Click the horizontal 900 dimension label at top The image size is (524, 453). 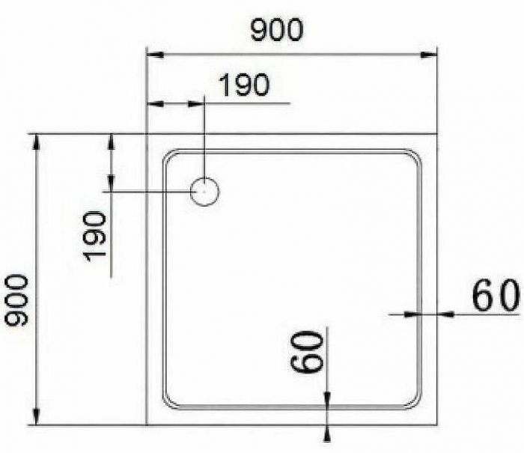(x=276, y=30)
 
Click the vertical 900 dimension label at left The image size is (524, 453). (x=16, y=300)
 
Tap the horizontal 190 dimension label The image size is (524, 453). (x=245, y=85)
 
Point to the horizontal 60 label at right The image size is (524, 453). (x=495, y=297)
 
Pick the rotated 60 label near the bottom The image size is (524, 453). (x=308, y=352)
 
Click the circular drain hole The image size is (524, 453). (x=204, y=192)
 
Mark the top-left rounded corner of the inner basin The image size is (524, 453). (x=169, y=156)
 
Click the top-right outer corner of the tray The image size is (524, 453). (x=437, y=134)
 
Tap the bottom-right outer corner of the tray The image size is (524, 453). (x=437, y=425)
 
